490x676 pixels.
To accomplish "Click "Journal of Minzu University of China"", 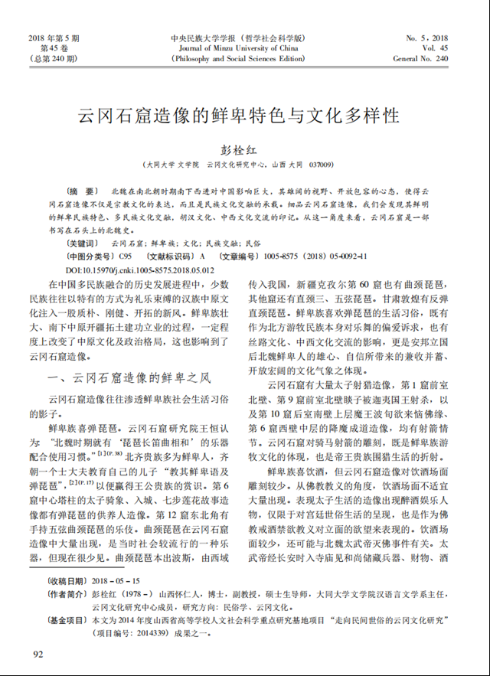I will [238, 47].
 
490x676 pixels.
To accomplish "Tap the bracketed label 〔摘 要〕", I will [83, 190].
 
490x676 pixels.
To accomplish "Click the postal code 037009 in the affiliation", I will [322, 165].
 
